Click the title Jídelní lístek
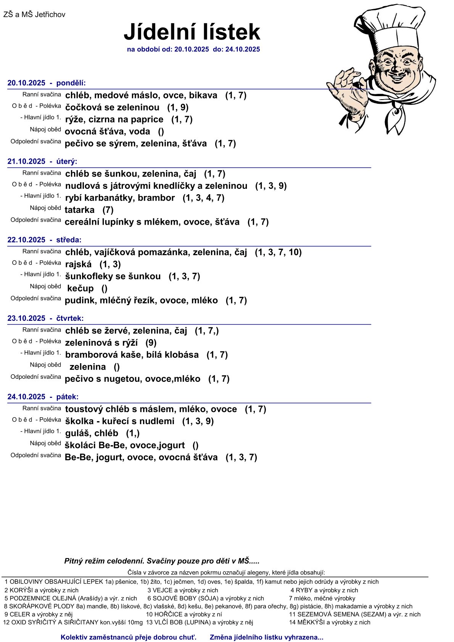tap(192, 32)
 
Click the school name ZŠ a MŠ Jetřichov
tap(34, 15)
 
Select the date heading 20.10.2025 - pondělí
tap(47, 83)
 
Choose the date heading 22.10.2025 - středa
tap(44, 240)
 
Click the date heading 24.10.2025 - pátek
tap(43, 397)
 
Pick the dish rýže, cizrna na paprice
tap(114, 119)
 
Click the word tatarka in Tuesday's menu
tap(79, 210)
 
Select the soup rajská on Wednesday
tap(79, 264)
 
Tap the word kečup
tap(80, 288)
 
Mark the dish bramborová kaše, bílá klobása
tap(132, 355)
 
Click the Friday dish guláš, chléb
tap(92, 433)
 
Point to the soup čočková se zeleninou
tap(112, 108)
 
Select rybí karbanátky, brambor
tap(120, 198)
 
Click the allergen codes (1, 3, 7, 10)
tap(278, 252)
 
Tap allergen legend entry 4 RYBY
tap(324, 590)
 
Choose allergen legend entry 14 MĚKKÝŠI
tap(330, 622)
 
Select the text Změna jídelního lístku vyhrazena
tap(266, 637)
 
